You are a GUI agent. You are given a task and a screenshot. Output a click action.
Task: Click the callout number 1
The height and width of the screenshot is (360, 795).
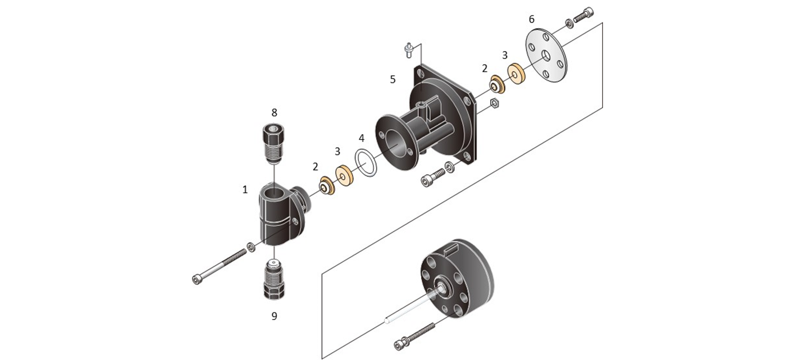[245, 190]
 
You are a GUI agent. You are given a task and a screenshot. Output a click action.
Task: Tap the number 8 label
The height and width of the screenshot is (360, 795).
[274, 112]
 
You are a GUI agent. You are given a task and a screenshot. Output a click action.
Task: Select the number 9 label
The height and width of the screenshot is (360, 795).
[274, 316]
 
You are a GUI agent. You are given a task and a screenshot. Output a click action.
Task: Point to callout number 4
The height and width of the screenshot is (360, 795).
[362, 138]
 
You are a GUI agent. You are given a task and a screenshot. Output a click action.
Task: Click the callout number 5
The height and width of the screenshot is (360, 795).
[392, 79]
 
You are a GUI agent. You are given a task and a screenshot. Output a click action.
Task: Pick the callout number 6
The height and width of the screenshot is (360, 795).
[531, 19]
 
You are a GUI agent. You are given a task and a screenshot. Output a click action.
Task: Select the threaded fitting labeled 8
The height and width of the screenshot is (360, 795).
[273, 144]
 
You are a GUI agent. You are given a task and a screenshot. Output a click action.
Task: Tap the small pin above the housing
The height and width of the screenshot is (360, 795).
[409, 50]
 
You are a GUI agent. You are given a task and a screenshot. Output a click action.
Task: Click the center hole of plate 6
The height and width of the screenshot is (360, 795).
[546, 56]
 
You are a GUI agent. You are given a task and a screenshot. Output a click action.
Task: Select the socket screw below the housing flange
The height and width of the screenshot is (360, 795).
[433, 177]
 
